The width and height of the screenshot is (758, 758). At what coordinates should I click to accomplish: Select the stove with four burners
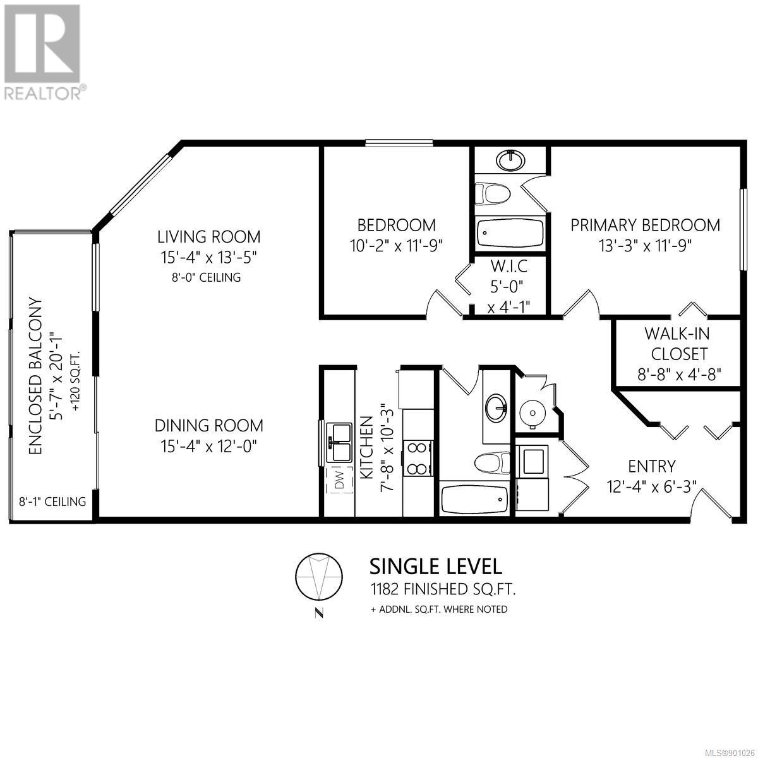click(x=418, y=459)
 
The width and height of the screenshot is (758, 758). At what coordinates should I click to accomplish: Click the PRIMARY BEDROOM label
click(x=645, y=226)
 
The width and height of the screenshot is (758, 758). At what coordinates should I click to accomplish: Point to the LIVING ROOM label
click(x=209, y=237)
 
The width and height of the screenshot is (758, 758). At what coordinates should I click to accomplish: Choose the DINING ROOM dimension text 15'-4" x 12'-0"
click(x=209, y=447)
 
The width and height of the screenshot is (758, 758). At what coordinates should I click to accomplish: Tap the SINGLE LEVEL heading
click(x=436, y=567)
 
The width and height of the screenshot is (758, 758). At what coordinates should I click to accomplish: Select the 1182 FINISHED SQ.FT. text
click(x=443, y=589)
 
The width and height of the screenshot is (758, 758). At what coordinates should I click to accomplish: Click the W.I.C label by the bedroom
click(x=508, y=267)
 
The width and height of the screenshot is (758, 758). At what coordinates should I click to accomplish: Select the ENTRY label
click(x=652, y=467)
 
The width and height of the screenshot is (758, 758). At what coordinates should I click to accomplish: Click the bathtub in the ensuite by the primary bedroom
click(x=510, y=233)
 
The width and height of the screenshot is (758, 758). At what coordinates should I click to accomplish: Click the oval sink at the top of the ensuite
click(x=510, y=160)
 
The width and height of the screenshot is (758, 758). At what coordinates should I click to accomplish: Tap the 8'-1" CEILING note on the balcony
click(x=52, y=502)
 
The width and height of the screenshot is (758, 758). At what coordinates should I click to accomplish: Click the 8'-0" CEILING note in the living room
click(x=207, y=277)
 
